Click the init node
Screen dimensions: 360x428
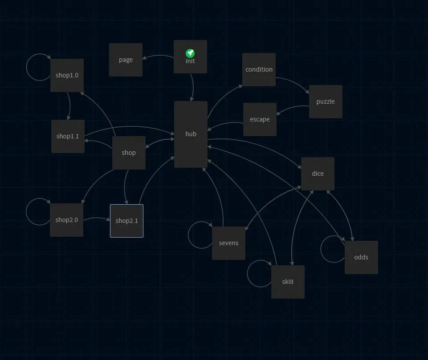point(190,65)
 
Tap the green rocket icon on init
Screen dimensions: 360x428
point(190,53)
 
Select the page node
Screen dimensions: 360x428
point(126,60)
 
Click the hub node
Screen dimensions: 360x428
point(191,134)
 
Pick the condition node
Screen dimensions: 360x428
point(259,69)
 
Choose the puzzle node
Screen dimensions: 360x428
point(326,101)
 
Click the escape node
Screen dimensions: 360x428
point(260,119)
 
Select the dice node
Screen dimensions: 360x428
point(318,174)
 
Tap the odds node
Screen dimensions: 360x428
point(361,257)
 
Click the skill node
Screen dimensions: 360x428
point(288,282)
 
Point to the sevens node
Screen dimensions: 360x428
point(228,243)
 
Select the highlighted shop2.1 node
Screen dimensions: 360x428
point(127,221)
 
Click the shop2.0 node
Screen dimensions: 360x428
point(66,220)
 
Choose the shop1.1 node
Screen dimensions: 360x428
point(68,136)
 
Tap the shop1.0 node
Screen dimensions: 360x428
point(67,75)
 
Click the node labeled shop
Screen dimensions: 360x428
point(129,153)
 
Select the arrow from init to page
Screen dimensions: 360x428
point(158,56)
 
